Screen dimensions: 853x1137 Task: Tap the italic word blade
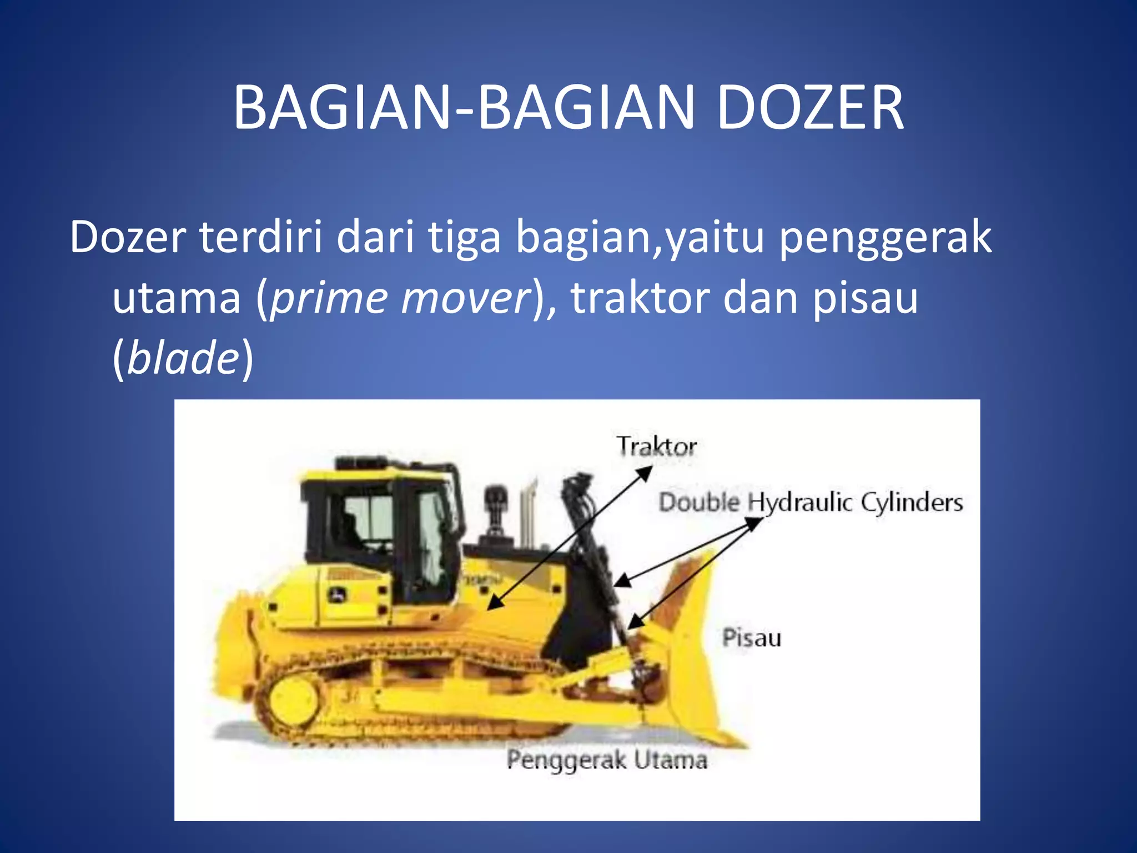pyautogui.click(x=183, y=358)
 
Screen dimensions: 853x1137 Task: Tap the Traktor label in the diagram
pyautogui.click(x=657, y=446)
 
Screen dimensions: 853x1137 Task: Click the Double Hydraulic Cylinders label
pyautogui.click(x=811, y=503)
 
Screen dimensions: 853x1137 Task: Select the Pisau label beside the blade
pyautogui.click(x=752, y=638)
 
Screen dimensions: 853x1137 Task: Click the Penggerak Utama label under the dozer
pyautogui.click(x=607, y=760)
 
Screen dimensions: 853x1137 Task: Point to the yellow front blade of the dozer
pyautogui.click(x=694, y=655)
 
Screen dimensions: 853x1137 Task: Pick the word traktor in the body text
pyautogui.click(x=640, y=298)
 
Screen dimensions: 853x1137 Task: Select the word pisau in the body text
pyautogui.click(x=866, y=298)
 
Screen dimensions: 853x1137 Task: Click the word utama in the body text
pyautogui.click(x=177, y=298)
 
